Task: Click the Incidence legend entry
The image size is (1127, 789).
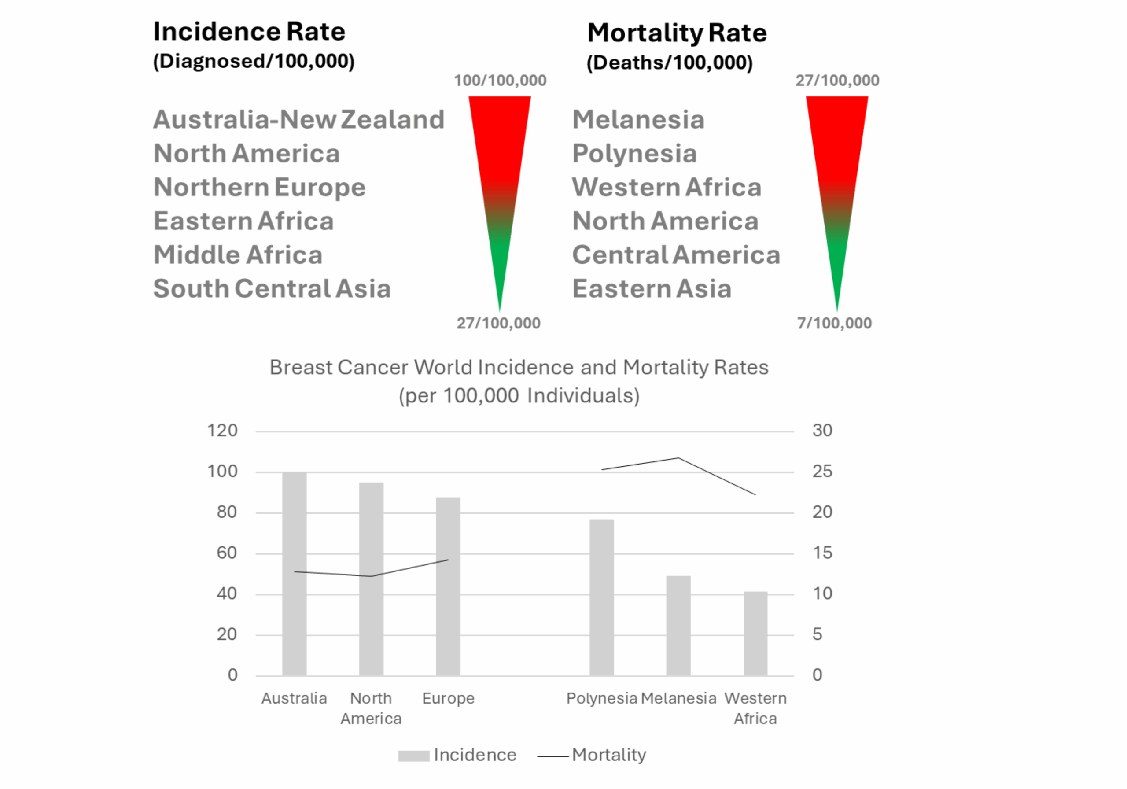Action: click(x=457, y=755)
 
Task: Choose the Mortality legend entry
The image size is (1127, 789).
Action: click(x=592, y=755)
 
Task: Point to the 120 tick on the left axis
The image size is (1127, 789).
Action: click(x=222, y=431)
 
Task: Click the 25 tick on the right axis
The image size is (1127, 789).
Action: click(x=822, y=472)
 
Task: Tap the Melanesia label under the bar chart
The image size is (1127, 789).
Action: click(x=678, y=698)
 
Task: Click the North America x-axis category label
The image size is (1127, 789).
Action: click(x=371, y=708)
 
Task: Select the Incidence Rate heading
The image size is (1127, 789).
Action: click(x=249, y=32)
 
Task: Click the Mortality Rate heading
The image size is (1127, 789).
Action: click(x=677, y=33)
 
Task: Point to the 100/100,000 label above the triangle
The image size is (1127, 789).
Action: click(x=500, y=81)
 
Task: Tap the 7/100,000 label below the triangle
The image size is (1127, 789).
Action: click(x=834, y=323)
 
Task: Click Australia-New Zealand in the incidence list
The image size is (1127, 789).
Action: click(x=298, y=119)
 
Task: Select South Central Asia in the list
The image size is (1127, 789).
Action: click(x=272, y=289)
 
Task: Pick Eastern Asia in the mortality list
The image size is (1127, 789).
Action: click(x=652, y=289)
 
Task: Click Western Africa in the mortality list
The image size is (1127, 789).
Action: click(x=667, y=187)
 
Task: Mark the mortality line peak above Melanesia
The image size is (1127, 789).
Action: click(x=678, y=458)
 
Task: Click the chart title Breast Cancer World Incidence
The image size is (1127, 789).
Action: click(x=519, y=367)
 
